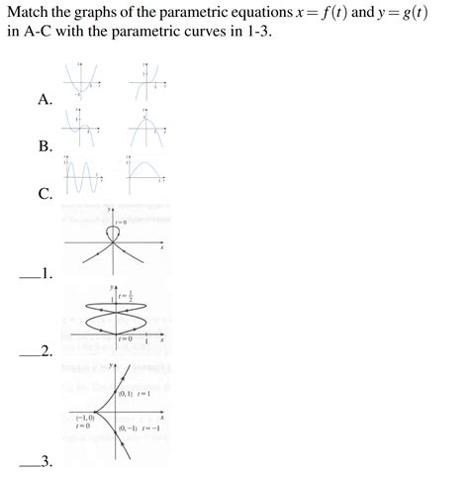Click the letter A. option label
(45, 99)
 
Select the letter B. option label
(45, 146)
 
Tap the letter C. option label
(45, 194)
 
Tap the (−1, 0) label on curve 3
(83, 419)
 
